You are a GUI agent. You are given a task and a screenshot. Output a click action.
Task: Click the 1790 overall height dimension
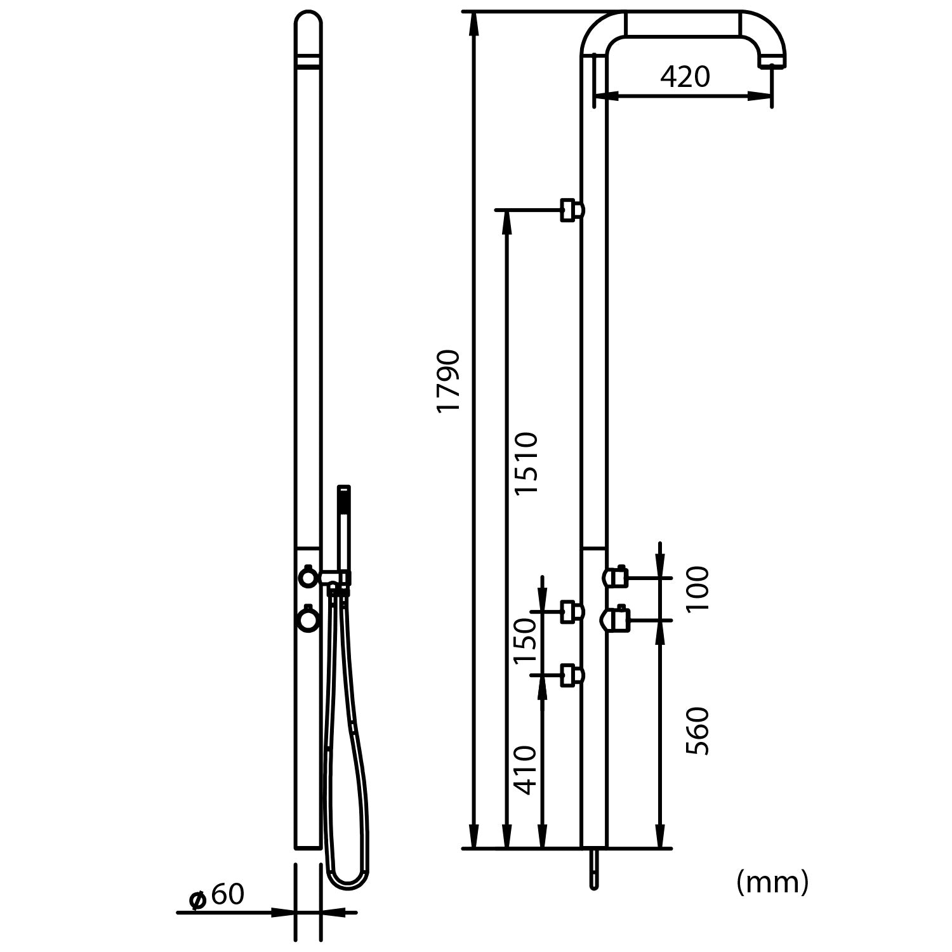click(x=449, y=381)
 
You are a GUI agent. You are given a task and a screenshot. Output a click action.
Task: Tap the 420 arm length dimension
click(x=685, y=77)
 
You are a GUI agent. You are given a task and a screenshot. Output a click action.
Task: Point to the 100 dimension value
click(x=697, y=589)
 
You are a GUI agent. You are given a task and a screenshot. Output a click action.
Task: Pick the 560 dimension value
click(x=697, y=731)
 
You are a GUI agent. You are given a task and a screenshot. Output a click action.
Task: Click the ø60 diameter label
click(x=218, y=895)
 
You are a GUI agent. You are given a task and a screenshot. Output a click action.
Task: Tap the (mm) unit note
click(x=772, y=882)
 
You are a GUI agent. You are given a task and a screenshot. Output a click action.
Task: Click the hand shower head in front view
click(x=343, y=501)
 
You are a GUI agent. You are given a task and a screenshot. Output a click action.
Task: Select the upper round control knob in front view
click(x=308, y=577)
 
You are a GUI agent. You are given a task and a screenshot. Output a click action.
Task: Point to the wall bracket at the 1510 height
click(x=571, y=209)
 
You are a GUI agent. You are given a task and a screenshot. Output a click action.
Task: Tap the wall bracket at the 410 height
click(x=571, y=676)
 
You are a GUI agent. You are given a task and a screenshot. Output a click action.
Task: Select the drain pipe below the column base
click(x=593, y=869)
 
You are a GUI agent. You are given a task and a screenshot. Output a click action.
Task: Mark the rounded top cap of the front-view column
click(x=308, y=25)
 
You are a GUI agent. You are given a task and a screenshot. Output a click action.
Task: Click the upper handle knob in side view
click(x=615, y=577)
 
